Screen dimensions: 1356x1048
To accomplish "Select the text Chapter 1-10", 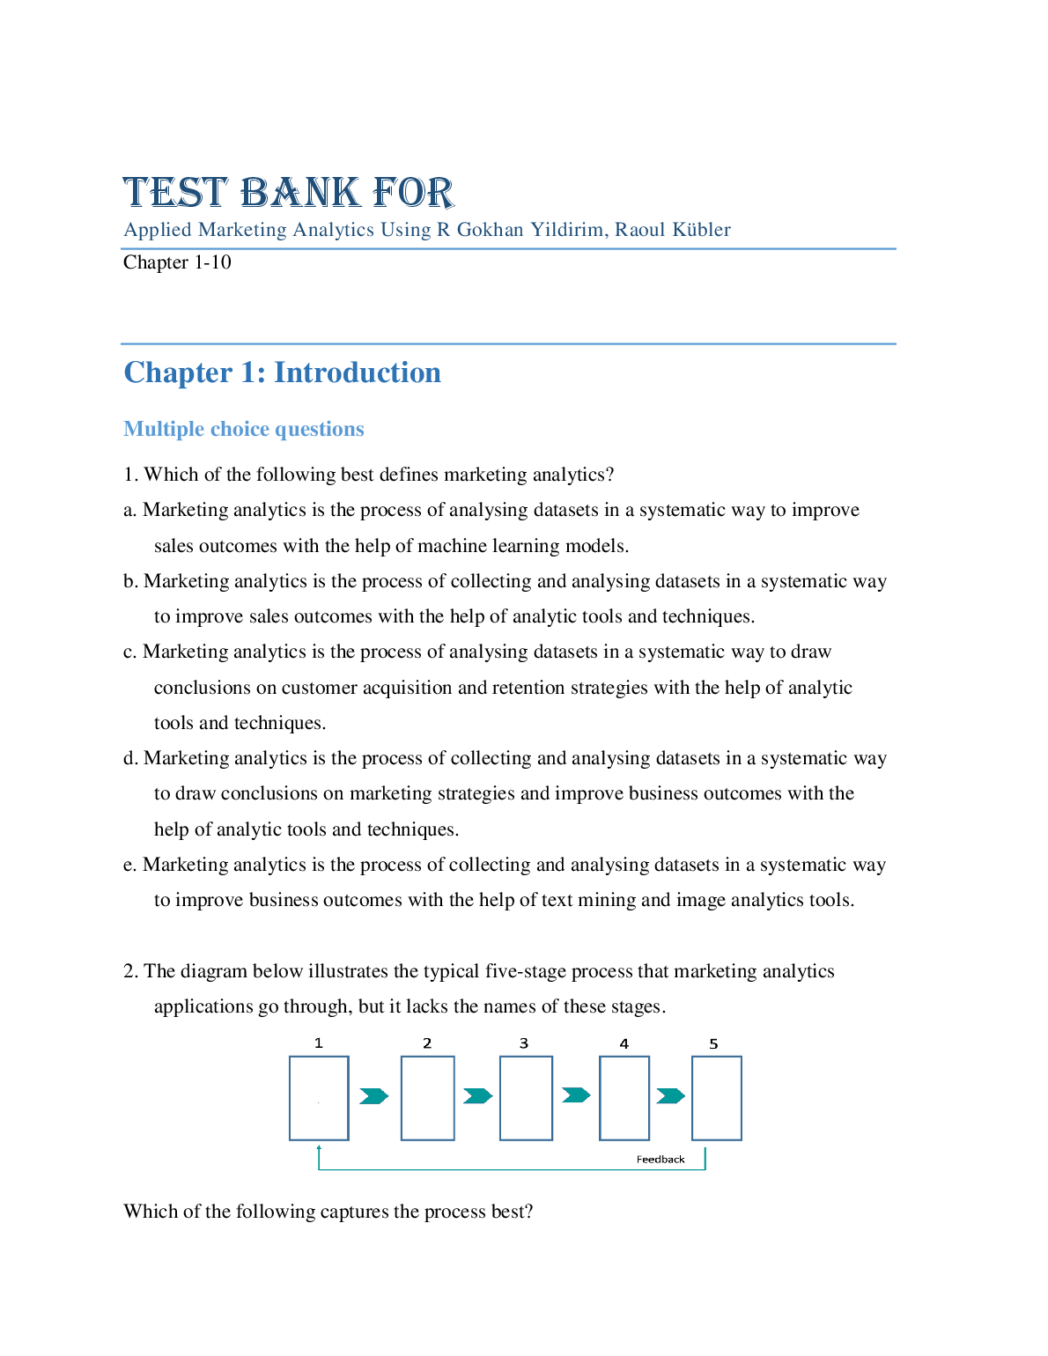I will pos(177,262).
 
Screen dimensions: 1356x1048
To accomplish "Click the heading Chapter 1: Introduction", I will pos(282,372).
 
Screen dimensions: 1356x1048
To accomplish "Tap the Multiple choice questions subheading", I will pos(244,429).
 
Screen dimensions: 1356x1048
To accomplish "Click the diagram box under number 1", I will pos(319,1098).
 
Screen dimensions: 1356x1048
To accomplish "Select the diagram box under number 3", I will pos(526,1098).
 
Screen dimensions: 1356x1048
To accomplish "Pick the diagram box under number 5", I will pos(716,1098).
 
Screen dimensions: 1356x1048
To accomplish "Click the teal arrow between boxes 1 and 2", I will pos(373,1096).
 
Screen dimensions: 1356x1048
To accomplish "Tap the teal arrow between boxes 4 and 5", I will pos(670,1096).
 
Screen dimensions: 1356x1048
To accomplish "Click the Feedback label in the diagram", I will pos(661,1160).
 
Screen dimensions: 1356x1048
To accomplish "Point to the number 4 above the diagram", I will pos(624,1044).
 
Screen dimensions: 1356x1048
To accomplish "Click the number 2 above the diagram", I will pos(427,1044).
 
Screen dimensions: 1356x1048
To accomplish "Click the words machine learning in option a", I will pos(490,546).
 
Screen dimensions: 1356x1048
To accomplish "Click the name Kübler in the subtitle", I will pos(701,230).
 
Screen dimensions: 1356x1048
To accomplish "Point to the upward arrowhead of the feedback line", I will pos(319,1148).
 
